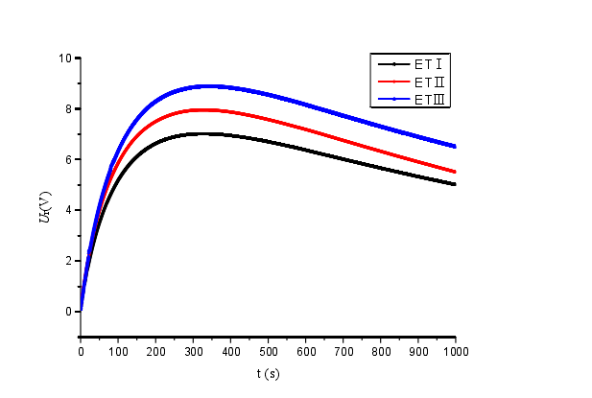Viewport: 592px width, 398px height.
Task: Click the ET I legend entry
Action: tap(428, 64)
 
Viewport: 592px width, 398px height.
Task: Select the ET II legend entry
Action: tap(428, 82)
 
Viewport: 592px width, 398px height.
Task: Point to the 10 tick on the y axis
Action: tap(67, 58)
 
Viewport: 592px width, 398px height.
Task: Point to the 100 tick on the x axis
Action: tap(118, 352)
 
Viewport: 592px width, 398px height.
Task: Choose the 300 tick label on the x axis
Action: tap(193, 352)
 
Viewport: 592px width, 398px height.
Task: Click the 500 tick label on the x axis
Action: tap(268, 352)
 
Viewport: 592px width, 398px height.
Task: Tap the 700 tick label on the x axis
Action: tap(343, 352)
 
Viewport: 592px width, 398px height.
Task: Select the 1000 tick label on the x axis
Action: tap(455, 352)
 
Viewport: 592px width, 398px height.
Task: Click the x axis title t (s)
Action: tap(269, 373)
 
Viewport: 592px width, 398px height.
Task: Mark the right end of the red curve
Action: tap(455, 172)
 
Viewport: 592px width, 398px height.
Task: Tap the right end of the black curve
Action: tap(455, 184)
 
